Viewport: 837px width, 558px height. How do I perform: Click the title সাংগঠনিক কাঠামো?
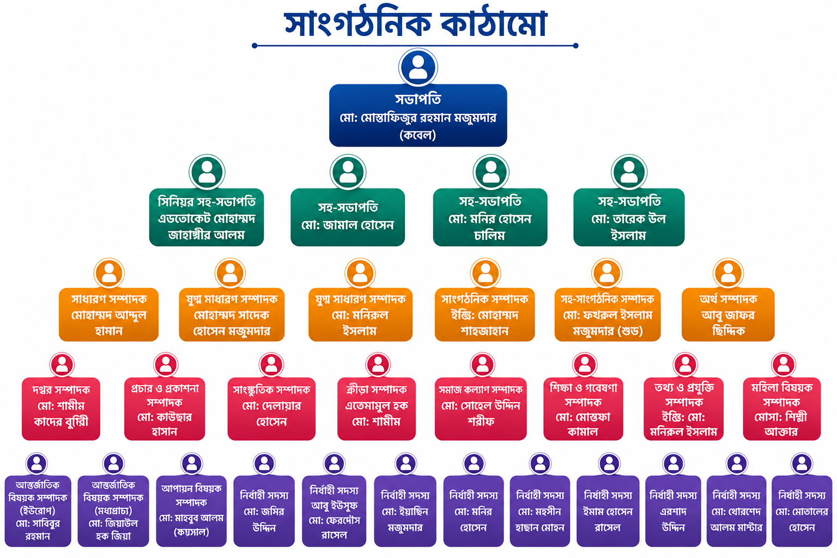coord(416,23)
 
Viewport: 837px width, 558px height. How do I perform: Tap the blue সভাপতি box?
coord(418,115)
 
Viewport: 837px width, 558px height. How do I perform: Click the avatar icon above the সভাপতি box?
coord(418,68)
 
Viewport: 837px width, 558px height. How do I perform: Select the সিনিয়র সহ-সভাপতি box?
coord(207,217)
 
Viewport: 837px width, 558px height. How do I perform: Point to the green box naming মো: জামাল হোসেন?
coord(348,217)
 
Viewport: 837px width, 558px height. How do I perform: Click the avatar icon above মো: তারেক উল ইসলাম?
coord(629,172)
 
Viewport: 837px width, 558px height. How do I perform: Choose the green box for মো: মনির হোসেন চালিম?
coord(490,217)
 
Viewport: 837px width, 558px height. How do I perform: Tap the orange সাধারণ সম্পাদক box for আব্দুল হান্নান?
coord(109,314)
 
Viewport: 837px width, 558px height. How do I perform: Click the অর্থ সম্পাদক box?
coord(728,314)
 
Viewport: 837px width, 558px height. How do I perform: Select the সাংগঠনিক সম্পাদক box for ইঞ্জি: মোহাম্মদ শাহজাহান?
coord(484,314)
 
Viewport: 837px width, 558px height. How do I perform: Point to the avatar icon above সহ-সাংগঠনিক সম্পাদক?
coord(607,273)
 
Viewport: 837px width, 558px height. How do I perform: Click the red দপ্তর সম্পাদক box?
coord(61,409)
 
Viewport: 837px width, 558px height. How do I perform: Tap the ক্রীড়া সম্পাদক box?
coord(377,409)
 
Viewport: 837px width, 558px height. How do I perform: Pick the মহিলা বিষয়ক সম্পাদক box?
coord(782,409)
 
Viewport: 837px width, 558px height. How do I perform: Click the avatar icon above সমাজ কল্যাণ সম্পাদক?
coord(482,365)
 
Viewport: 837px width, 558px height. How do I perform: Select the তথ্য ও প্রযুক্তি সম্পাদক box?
coord(683,409)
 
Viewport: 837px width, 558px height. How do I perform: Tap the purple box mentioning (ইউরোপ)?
coord(38,511)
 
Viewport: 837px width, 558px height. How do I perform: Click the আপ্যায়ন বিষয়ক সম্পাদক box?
coord(191,511)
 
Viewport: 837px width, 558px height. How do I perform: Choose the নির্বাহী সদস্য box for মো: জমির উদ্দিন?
coord(264,511)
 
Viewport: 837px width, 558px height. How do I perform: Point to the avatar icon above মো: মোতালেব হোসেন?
coord(802,464)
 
